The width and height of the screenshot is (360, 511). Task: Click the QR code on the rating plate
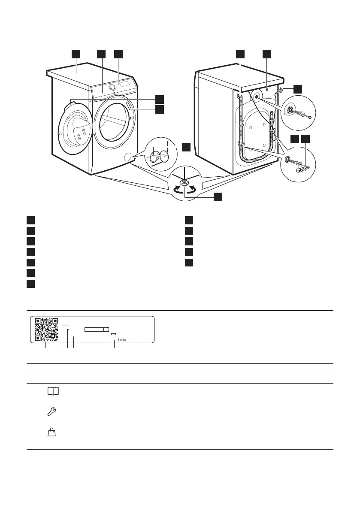point(46,330)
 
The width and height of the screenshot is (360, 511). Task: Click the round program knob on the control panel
point(113,87)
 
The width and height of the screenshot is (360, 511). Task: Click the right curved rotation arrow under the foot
point(194,189)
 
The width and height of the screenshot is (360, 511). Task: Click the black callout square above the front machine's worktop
point(76,54)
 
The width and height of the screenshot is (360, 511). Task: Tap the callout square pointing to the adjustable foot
point(218,197)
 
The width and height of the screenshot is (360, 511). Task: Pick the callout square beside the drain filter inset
point(186,147)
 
